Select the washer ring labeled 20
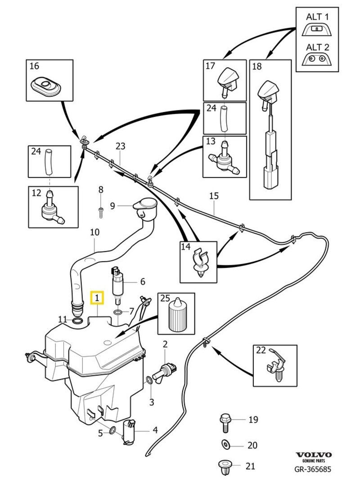(x=225, y=445)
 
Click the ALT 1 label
(x=317, y=17)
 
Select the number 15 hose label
(x=214, y=196)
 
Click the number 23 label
(x=120, y=146)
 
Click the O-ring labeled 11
(x=77, y=321)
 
